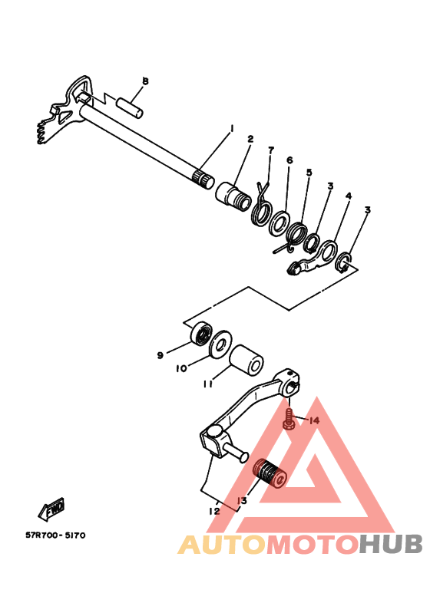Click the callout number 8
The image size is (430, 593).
[145, 81]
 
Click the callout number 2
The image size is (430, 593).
[250, 140]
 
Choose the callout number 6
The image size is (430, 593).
[289, 160]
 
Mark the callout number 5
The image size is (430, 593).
[309, 173]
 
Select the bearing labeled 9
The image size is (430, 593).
[202, 335]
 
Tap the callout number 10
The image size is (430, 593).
[180, 368]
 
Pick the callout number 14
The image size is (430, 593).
[314, 420]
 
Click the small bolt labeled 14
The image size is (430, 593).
[289, 420]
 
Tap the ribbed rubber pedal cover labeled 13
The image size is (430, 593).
[270, 473]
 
